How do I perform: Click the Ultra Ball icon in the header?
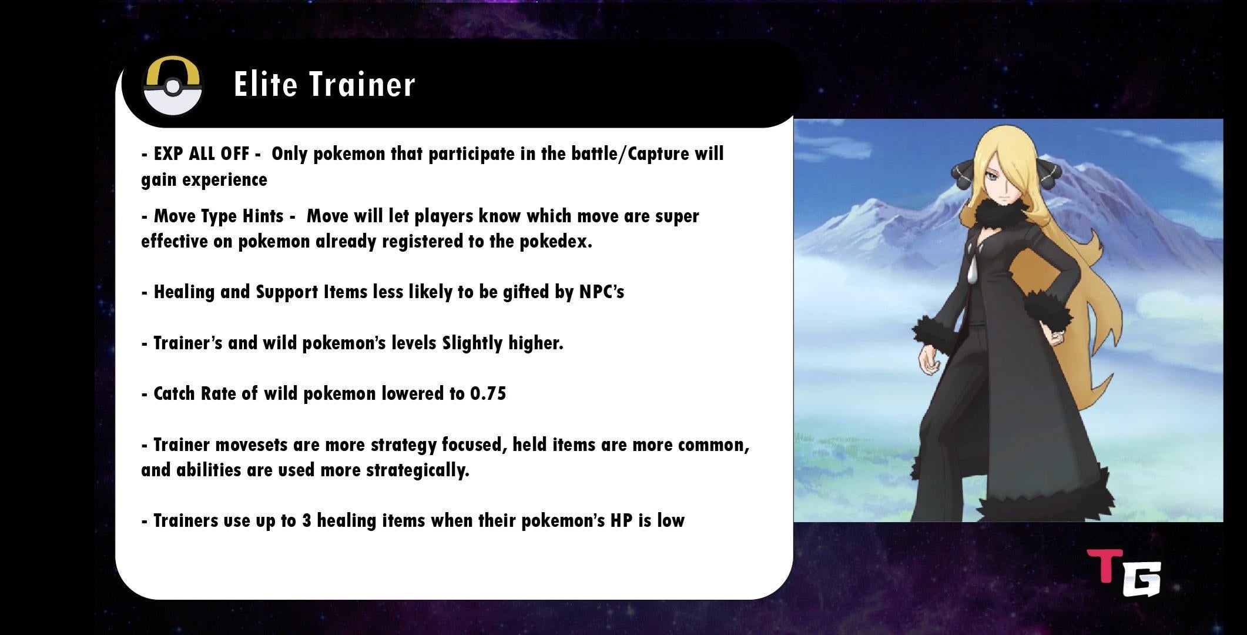tap(173, 86)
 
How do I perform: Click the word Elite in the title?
tap(266, 84)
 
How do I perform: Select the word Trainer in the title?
tap(363, 84)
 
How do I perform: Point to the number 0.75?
tap(488, 393)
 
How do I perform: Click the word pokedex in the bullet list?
tap(555, 242)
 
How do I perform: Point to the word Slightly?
tap(472, 343)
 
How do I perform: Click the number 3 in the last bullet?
tap(306, 521)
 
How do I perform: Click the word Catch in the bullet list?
tap(175, 393)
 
